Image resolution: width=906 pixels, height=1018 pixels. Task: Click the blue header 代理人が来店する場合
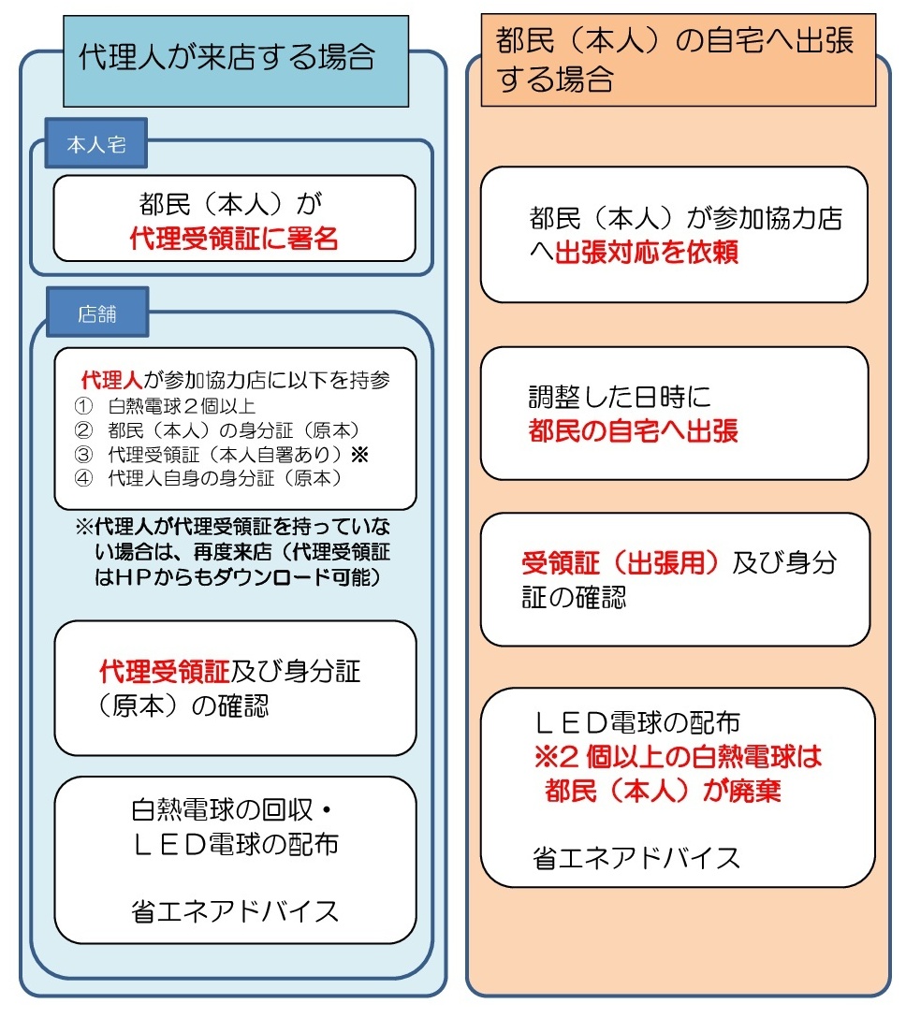pos(236,61)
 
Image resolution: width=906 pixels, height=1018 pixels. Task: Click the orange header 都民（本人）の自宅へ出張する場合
pos(678,60)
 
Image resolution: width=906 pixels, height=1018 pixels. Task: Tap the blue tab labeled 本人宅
pos(96,143)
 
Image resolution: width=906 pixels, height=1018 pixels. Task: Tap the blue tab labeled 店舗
pos(97,313)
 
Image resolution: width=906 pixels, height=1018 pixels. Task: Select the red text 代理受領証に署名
pos(234,239)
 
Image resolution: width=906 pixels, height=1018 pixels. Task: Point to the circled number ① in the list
pos(84,406)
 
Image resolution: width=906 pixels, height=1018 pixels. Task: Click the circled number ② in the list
pos(84,429)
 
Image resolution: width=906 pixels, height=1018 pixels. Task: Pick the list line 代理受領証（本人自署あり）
pos(225,454)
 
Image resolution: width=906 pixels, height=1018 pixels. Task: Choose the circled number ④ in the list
pos(84,478)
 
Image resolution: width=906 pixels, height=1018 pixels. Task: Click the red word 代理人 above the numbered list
pos(111,380)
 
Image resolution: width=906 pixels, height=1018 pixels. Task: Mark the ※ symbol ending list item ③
pos(359,454)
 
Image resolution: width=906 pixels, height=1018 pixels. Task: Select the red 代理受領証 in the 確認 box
pos(165,671)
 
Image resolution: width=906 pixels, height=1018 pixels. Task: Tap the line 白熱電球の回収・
pos(232,809)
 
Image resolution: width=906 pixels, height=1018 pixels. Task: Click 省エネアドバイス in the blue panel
pos(235,911)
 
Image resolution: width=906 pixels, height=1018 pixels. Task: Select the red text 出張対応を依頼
pos(646,252)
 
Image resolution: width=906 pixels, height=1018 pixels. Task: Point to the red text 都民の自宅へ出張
pos(634,430)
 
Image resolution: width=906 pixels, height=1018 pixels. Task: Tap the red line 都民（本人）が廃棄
pos(663,790)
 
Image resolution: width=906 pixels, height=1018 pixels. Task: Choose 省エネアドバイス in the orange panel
pos(636,858)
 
